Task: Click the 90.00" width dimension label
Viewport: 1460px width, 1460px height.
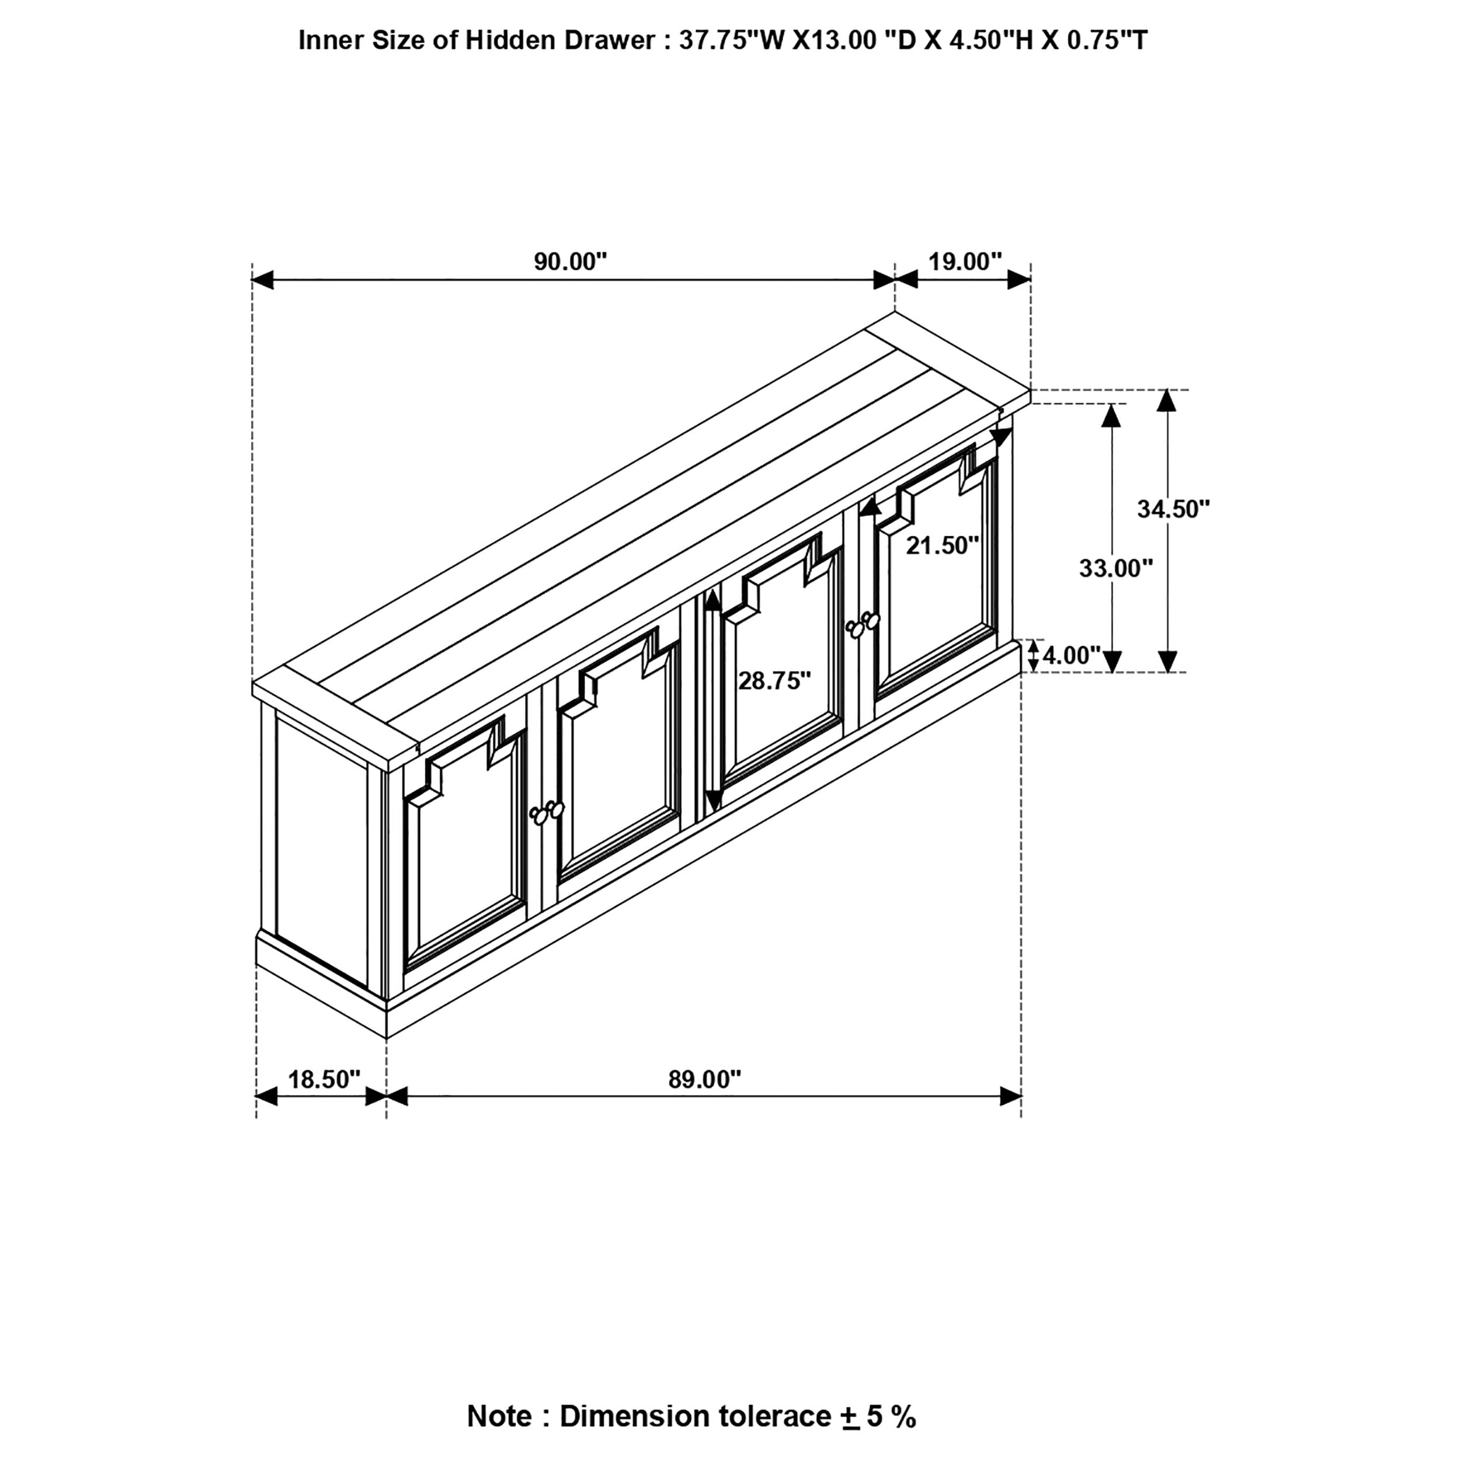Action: (x=571, y=262)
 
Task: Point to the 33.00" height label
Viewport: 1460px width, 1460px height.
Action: (x=1115, y=568)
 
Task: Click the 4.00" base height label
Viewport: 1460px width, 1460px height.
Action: (x=1072, y=655)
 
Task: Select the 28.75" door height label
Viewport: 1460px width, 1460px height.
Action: (x=774, y=681)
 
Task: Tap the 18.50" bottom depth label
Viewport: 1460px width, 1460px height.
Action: (x=324, y=1079)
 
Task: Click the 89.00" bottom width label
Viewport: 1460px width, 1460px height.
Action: (x=704, y=1079)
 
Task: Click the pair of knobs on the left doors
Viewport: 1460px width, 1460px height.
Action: (x=547, y=812)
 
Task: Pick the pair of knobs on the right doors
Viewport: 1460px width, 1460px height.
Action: (x=863, y=624)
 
